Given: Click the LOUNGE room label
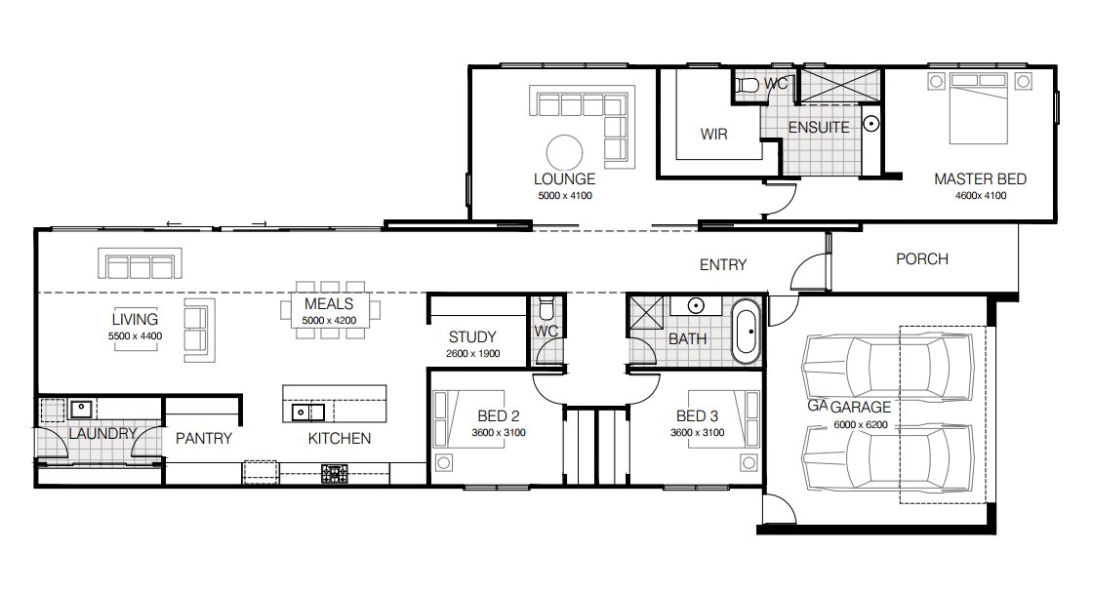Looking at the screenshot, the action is (565, 179).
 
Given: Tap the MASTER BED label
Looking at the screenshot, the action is (980, 179).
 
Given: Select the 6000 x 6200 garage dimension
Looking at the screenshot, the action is (861, 425).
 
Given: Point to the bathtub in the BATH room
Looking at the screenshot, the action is (747, 332).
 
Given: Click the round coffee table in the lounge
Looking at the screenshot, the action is (565, 152).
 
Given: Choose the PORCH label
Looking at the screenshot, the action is (922, 259).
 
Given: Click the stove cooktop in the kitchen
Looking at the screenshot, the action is (335, 474).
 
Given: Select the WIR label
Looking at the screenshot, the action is (713, 135).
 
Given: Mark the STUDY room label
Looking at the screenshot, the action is (472, 337).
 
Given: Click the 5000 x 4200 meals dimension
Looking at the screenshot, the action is (329, 321).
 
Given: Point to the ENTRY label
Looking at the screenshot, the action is (723, 264).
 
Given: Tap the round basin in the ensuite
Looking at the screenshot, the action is (871, 124).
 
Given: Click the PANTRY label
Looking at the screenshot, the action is (204, 438).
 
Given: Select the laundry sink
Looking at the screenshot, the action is (81, 408).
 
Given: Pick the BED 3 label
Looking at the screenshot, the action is (697, 415).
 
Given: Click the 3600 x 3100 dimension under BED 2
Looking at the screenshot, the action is (499, 433).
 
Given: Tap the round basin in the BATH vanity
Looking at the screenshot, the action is (696, 305).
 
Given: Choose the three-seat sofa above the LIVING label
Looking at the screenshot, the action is (141, 264).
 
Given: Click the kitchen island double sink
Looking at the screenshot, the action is (307, 413).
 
